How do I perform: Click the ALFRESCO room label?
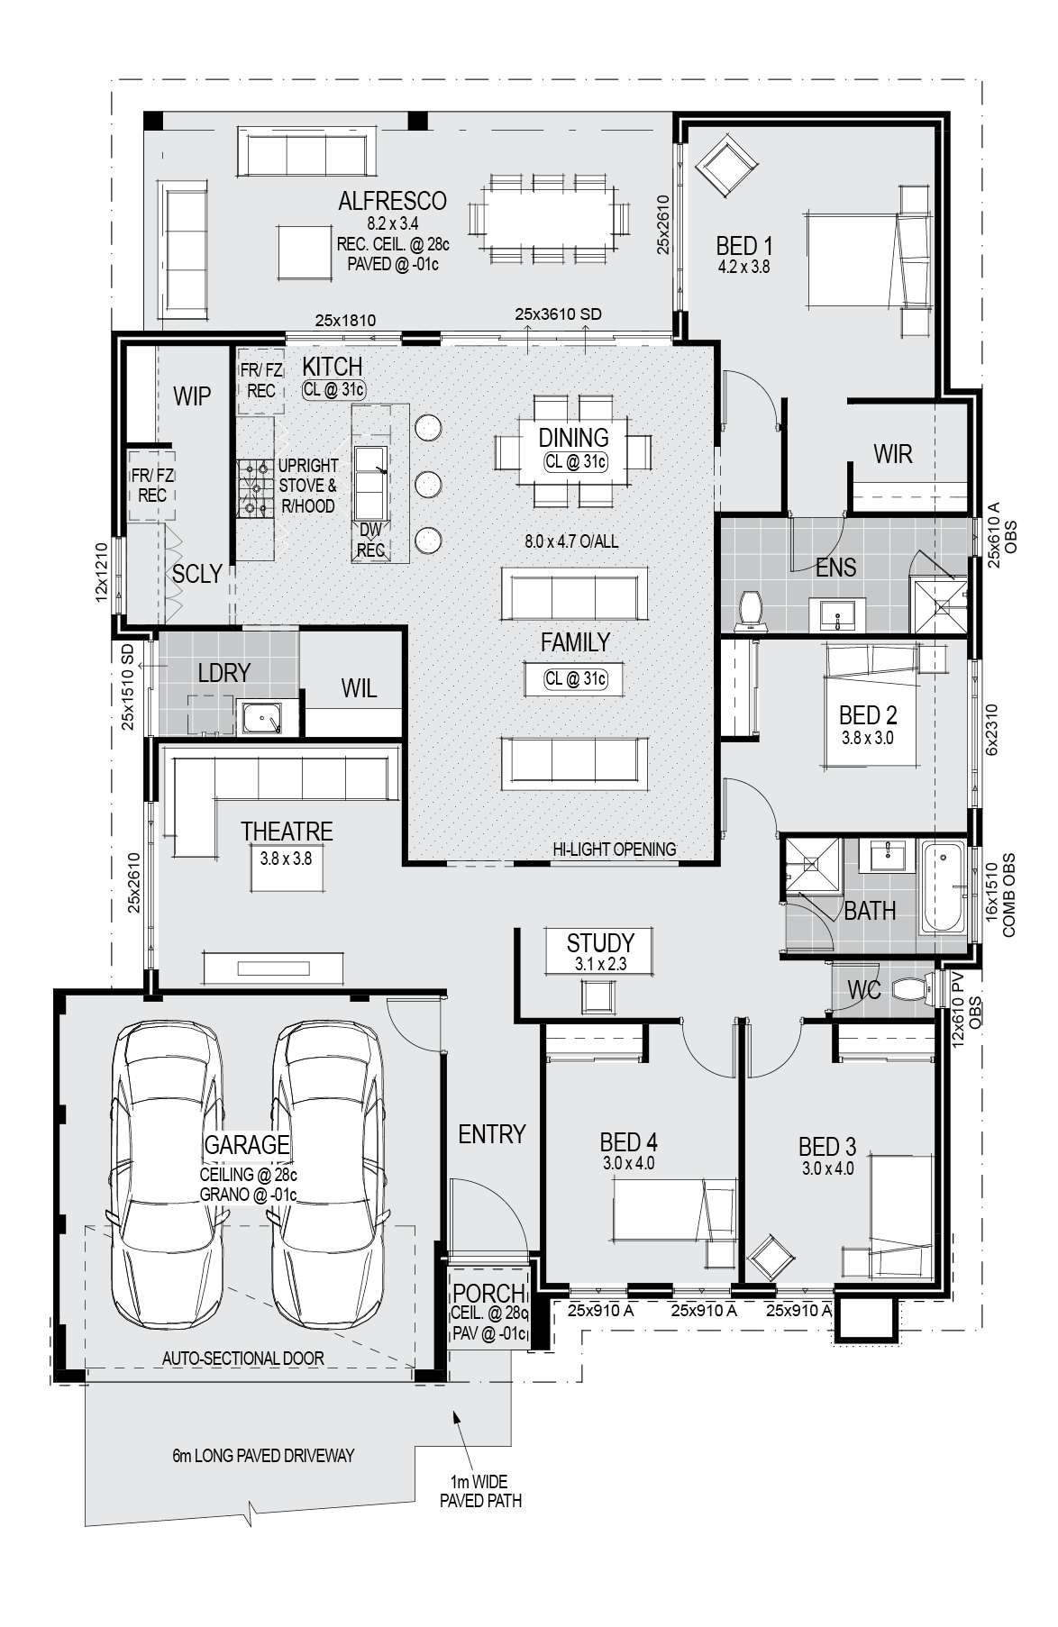(x=392, y=201)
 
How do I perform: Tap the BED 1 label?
(x=744, y=245)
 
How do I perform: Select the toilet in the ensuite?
(x=750, y=610)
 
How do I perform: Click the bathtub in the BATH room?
(x=943, y=888)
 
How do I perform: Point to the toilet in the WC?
(x=913, y=990)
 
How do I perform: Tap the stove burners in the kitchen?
(x=255, y=488)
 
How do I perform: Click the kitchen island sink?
(x=371, y=481)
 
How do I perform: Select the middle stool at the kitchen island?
(x=429, y=484)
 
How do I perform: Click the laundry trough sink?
(x=263, y=719)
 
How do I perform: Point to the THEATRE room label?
(x=287, y=831)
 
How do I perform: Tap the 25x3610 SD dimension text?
(x=558, y=314)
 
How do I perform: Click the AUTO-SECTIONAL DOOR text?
(x=243, y=1359)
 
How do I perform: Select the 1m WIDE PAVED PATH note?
(x=480, y=1491)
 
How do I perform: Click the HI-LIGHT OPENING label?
(x=615, y=849)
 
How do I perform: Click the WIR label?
(x=892, y=454)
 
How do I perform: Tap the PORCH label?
(x=488, y=1294)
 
